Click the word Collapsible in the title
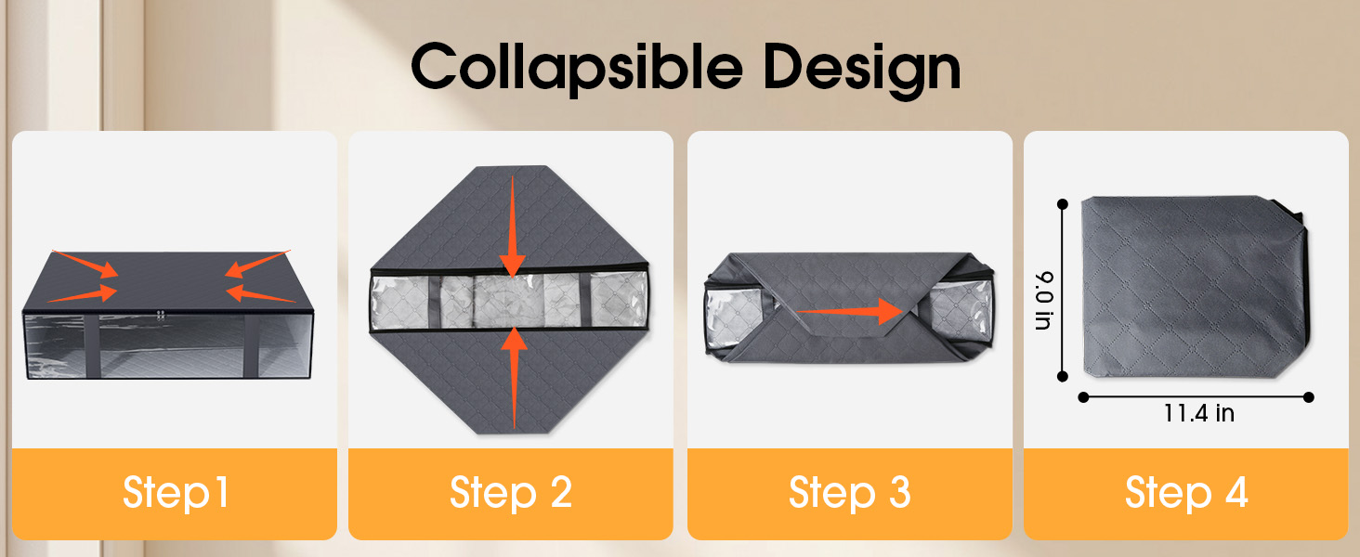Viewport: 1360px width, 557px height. [577, 69]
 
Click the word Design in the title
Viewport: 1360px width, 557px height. [862, 70]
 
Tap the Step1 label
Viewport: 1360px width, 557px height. [176, 493]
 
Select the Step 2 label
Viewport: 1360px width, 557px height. [511, 493]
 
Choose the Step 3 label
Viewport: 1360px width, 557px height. [849, 493]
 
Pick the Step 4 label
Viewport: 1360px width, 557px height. [1186, 493]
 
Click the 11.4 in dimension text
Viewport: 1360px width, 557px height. [1198, 413]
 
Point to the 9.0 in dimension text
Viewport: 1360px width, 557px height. [1044, 301]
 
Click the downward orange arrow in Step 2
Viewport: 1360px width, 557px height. [513, 227]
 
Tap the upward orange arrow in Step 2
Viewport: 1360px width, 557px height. [515, 378]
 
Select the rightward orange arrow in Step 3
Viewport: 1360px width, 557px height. [850, 311]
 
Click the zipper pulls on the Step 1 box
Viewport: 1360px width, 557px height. [161, 315]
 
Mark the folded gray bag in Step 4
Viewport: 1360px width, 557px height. [1195, 287]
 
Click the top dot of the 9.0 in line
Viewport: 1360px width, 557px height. [1063, 204]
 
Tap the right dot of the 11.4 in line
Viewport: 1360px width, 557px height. [1309, 397]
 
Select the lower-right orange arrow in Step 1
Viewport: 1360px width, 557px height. [261, 294]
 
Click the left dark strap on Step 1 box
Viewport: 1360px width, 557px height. [92, 346]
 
